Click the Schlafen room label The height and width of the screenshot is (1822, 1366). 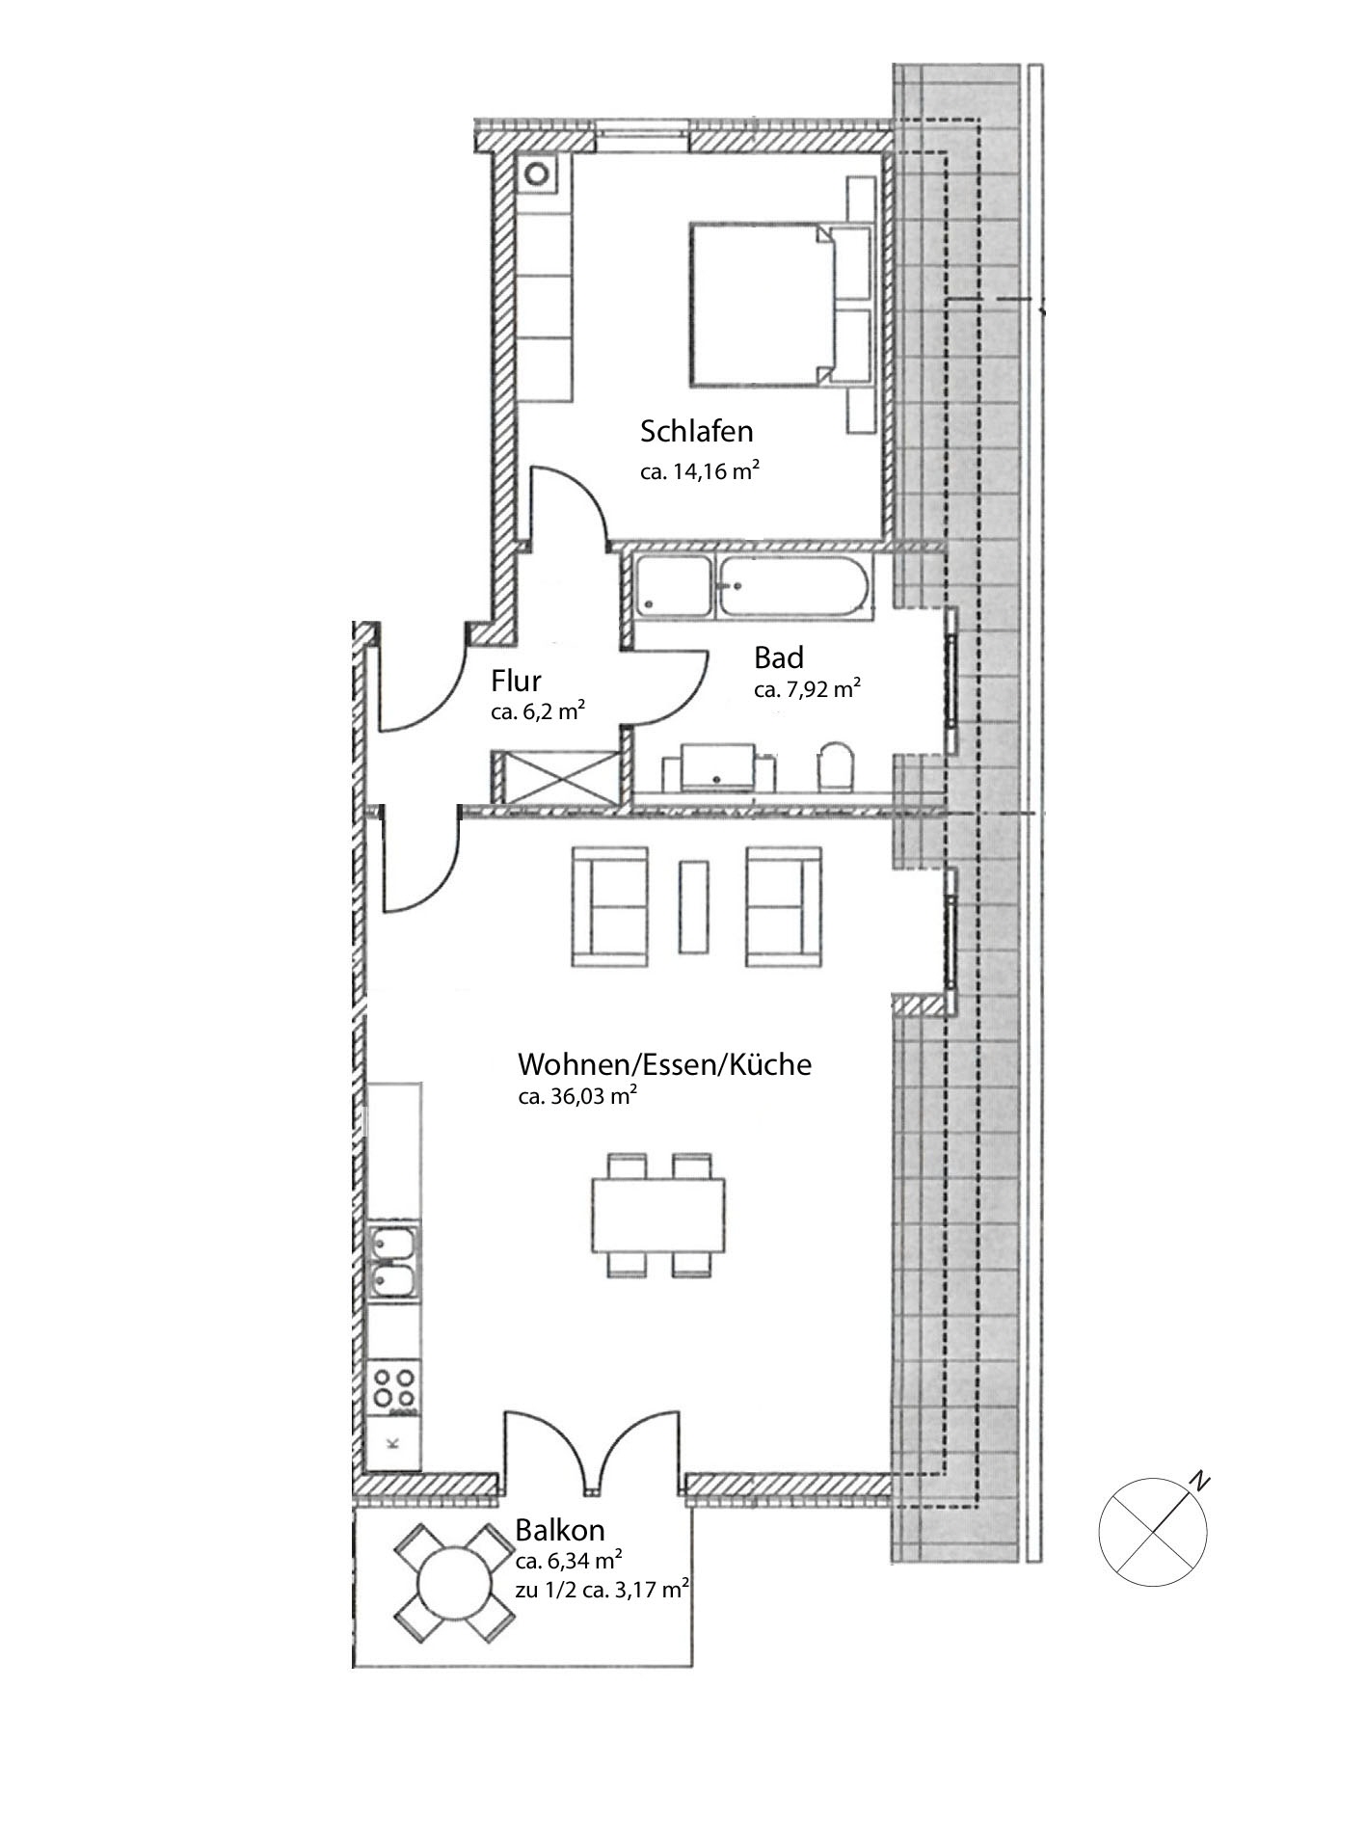tap(696, 431)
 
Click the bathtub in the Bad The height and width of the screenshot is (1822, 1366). tap(793, 587)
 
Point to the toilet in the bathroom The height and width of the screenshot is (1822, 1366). tap(835, 765)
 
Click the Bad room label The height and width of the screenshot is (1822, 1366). tap(778, 658)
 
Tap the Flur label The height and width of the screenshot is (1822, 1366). tap(516, 682)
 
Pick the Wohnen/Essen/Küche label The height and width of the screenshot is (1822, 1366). tap(664, 1064)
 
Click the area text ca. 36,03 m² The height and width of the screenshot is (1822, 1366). tap(577, 1096)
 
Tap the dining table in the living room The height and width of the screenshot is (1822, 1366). tap(657, 1215)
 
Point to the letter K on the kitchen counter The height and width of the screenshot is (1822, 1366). tap(392, 1443)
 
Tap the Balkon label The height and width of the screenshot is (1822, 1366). tap(559, 1530)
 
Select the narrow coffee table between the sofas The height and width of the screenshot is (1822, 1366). tap(693, 906)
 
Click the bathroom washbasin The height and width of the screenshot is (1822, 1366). tap(719, 766)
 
